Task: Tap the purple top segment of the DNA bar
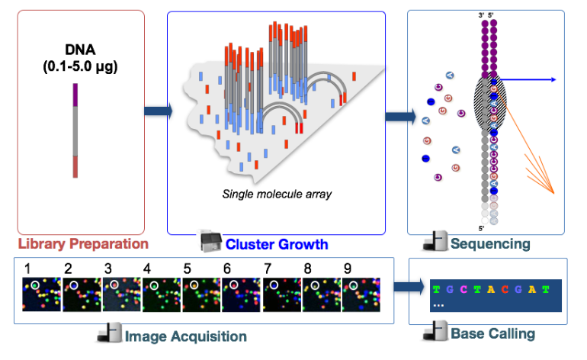(x=75, y=95)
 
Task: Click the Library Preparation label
(x=83, y=244)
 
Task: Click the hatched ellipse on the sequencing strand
(x=490, y=102)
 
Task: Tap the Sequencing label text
(x=489, y=244)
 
